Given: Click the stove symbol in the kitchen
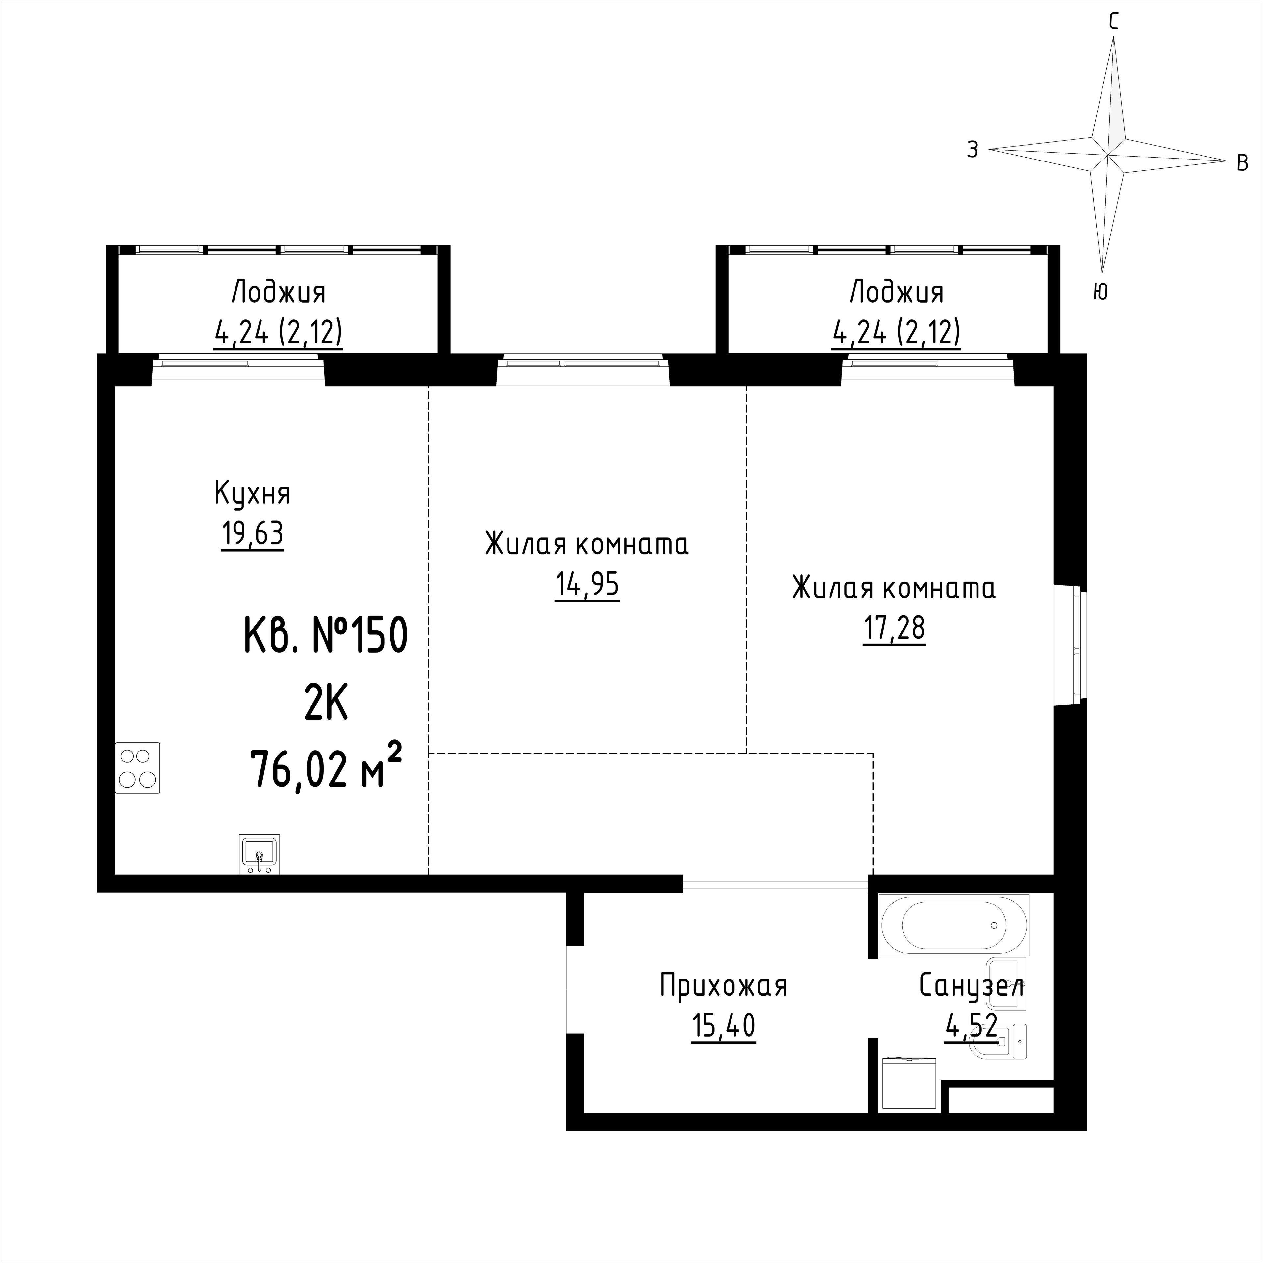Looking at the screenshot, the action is point(137,768).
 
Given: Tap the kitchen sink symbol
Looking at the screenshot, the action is point(260,854).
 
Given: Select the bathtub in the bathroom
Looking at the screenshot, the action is point(954,925).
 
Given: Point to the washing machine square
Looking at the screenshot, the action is point(909,1083).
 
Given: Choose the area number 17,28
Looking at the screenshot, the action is point(894,628).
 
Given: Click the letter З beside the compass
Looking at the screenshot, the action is point(973,150).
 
